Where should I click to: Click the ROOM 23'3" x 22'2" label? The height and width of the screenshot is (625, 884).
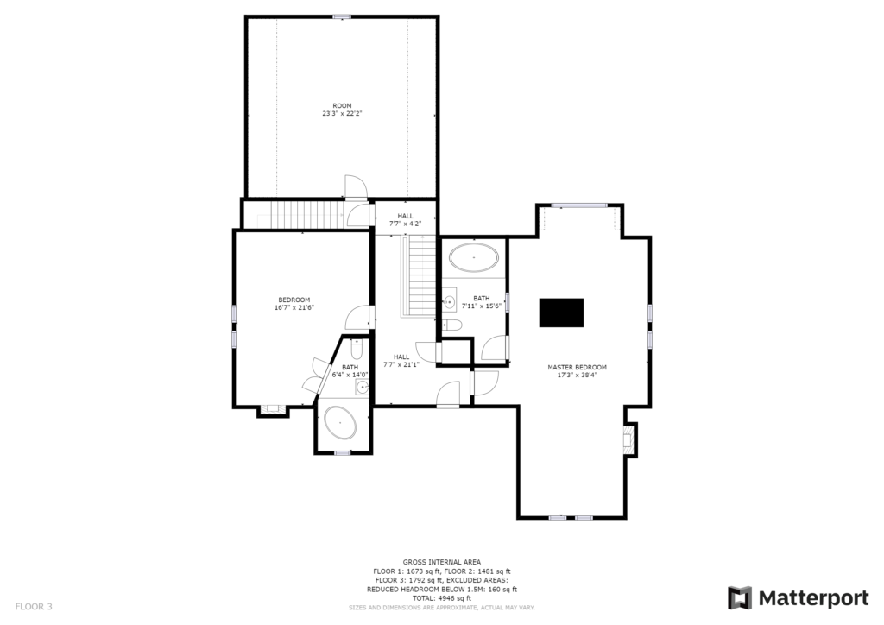pyautogui.click(x=342, y=110)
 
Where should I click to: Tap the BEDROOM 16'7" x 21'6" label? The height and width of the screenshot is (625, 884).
pyautogui.click(x=294, y=304)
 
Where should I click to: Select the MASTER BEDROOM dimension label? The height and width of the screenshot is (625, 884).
pyautogui.click(x=577, y=371)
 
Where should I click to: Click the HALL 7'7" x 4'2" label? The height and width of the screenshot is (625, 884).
pyautogui.click(x=405, y=220)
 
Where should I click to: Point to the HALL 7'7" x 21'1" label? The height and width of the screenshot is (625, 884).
pyautogui.click(x=401, y=361)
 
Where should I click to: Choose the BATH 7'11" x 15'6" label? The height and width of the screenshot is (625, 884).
pyautogui.click(x=482, y=302)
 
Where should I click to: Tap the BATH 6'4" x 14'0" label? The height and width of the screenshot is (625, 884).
pyautogui.click(x=350, y=371)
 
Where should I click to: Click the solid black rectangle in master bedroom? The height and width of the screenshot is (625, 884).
pyautogui.click(x=561, y=312)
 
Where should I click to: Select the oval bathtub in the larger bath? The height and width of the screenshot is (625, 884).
pyautogui.click(x=474, y=257)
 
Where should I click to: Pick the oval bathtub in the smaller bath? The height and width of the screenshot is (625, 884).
pyautogui.click(x=339, y=423)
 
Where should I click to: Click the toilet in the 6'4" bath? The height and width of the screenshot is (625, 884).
pyautogui.click(x=356, y=350)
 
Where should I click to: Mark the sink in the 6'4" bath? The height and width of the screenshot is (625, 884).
pyautogui.click(x=362, y=388)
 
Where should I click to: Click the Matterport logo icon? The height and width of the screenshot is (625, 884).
pyautogui.click(x=740, y=598)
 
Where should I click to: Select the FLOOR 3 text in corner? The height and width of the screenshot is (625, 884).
pyautogui.click(x=34, y=607)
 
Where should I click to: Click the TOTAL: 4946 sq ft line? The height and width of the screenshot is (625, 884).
pyautogui.click(x=441, y=598)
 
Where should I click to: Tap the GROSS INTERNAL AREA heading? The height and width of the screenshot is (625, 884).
pyautogui.click(x=441, y=562)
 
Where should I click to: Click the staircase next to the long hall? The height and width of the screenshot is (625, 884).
pyautogui.click(x=418, y=276)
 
